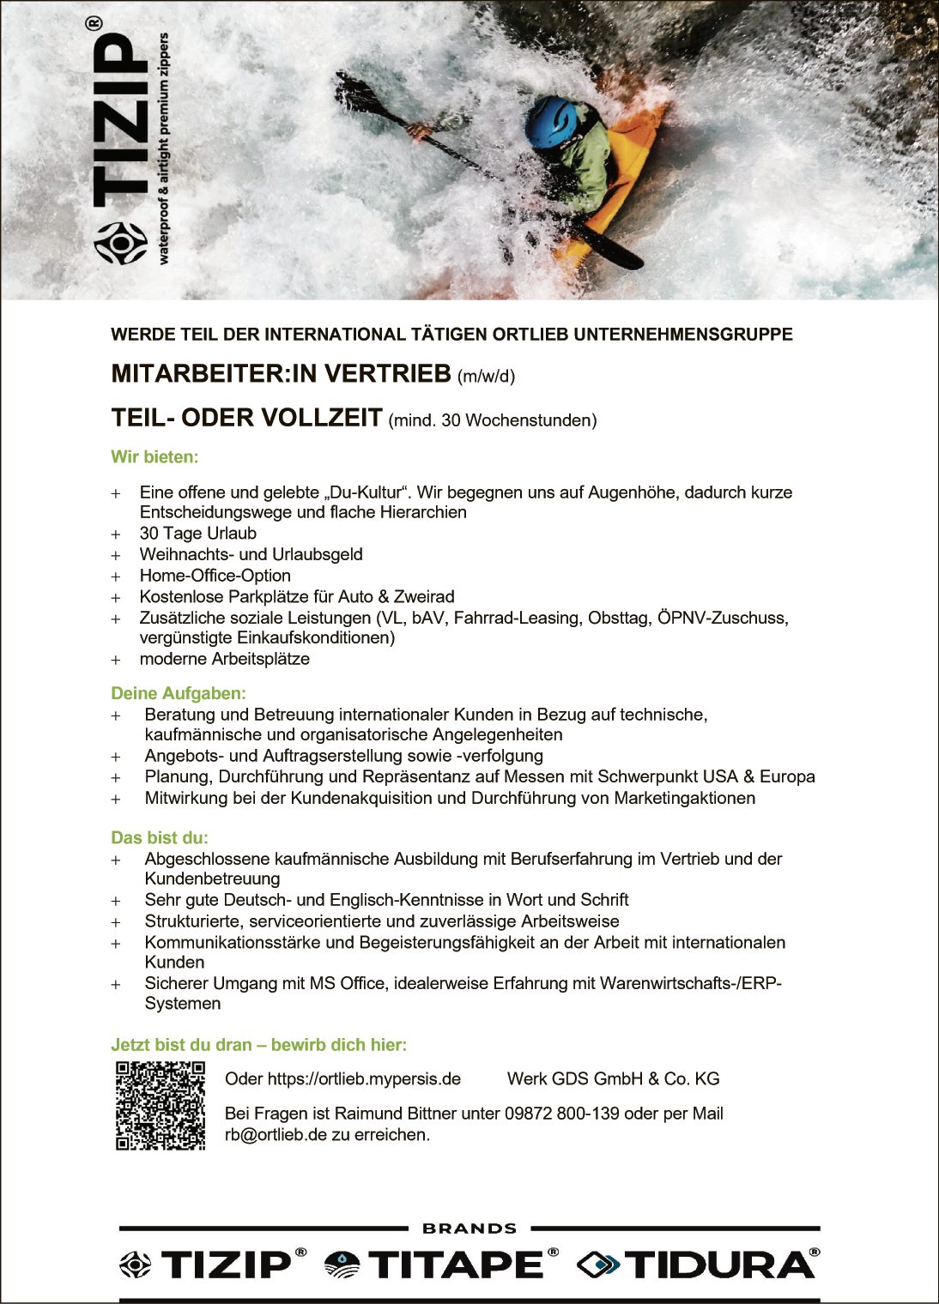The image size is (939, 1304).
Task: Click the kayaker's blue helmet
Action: click(551, 122)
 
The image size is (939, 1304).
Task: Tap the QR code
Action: click(161, 1105)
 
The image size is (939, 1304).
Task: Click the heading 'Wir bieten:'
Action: click(154, 457)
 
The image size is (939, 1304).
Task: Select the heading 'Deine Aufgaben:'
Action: click(179, 693)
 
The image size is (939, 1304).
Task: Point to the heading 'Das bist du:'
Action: click(160, 837)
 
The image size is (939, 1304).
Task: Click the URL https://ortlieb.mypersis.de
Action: click(364, 1079)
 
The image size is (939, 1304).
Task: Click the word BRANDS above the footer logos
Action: click(469, 1229)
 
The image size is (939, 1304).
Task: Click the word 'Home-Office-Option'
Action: click(215, 576)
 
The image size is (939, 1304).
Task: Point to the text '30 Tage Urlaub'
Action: click(198, 534)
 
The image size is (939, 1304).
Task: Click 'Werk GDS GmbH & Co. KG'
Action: click(613, 1079)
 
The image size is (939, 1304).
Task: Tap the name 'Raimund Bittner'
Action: click(396, 1114)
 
